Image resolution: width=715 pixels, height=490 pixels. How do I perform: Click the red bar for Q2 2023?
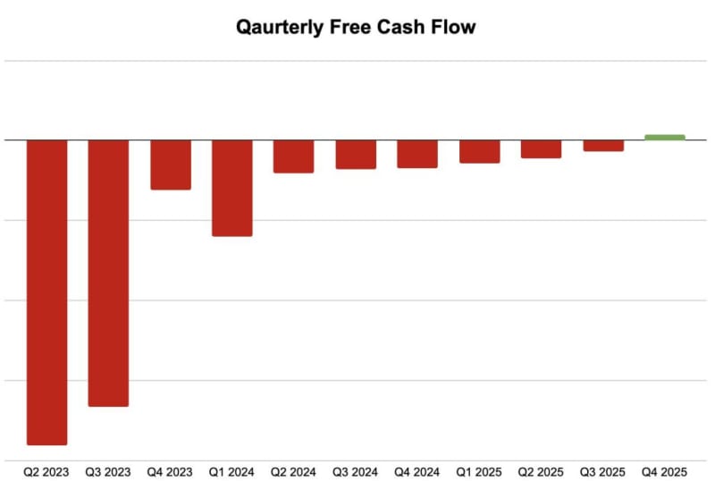(x=46, y=291)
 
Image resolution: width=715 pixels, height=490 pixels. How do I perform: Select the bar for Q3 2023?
(x=108, y=273)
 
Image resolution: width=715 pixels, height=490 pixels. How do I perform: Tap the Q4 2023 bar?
(x=170, y=165)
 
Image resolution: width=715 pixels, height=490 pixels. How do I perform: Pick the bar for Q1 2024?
(x=231, y=188)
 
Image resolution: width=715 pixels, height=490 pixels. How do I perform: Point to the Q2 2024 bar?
(x=293, y=156)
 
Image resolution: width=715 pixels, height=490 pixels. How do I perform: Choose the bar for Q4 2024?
(x=417, y=154)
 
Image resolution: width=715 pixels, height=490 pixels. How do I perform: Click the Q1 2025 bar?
(x=479, y=151)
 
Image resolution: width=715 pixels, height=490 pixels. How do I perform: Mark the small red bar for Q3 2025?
(x=603, y=146)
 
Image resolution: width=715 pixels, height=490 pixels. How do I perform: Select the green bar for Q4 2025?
(x=665, y=137)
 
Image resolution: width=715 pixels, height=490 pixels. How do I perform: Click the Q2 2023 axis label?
(x=46, y=470)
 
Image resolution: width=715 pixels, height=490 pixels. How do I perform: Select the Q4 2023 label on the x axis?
(x=170, y=470)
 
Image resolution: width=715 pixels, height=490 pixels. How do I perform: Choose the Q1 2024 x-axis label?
(x=231, y=470)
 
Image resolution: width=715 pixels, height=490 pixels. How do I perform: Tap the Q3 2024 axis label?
(x=356, y=470)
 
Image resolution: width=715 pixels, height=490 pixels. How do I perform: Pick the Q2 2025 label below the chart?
(x=542, y=470)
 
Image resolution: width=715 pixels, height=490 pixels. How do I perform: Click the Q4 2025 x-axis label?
(x=665, y=470)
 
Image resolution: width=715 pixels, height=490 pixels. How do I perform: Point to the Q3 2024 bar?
(x=356, y=155)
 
